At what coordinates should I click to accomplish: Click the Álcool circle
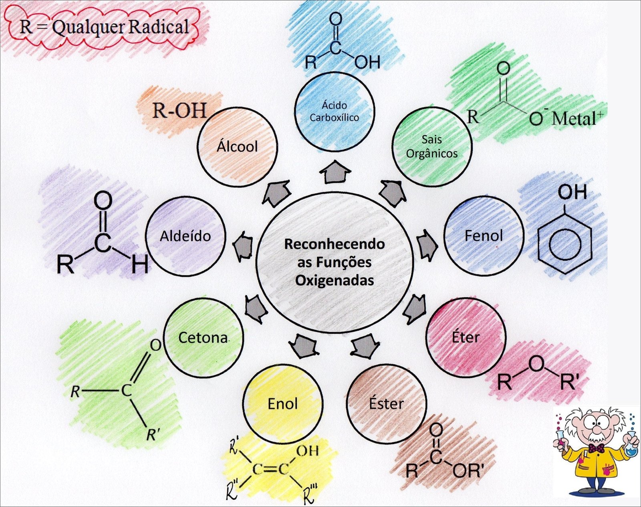(237, 147)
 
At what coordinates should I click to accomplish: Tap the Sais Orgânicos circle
(431, 146)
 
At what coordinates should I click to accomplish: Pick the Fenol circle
(484, 235)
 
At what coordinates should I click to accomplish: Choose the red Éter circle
(466, 337)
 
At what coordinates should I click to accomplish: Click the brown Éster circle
(386, 404)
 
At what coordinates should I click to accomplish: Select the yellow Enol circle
(282, 404)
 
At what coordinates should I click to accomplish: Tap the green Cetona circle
(203, 337)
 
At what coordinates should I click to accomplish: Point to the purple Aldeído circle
(185, 236)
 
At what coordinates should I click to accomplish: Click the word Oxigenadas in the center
(335, 280)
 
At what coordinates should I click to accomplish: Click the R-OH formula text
(179, 110)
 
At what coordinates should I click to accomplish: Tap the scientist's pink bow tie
(596, 448)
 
